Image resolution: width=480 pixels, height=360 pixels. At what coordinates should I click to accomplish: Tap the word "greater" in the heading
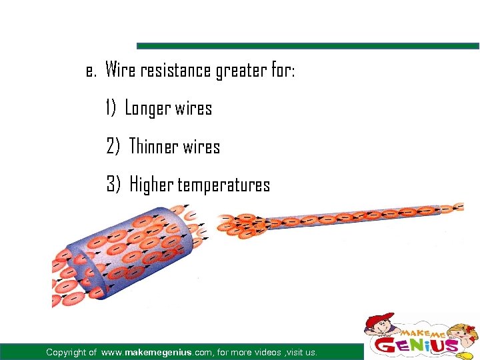[x=239, y=71]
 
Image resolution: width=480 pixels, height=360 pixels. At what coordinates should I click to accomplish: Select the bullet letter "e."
[x=91, y=71]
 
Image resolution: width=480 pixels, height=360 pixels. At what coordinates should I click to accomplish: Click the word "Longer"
[x=147, y=109]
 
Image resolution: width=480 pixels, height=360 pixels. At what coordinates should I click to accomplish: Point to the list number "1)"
[x=111, y=108]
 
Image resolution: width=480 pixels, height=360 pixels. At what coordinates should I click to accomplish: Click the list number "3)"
[x=113, y=184]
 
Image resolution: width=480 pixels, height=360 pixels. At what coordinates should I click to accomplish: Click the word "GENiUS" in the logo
[x=417, y=346]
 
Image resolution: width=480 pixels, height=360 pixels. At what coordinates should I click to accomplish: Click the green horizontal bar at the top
[x=307, y=46]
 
